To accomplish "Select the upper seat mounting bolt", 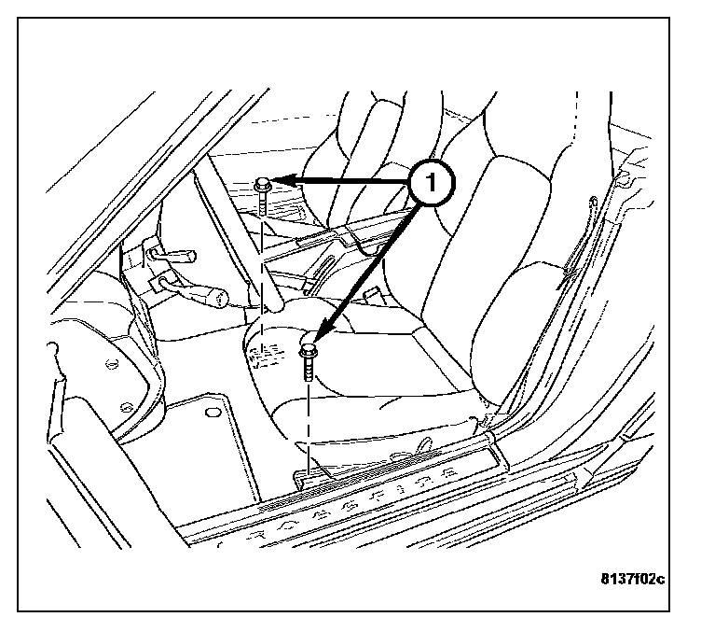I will (263, 191).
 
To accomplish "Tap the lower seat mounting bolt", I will (309, 359).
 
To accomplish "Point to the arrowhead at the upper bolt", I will (285, 180).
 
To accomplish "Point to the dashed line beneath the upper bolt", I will (264, 271).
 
